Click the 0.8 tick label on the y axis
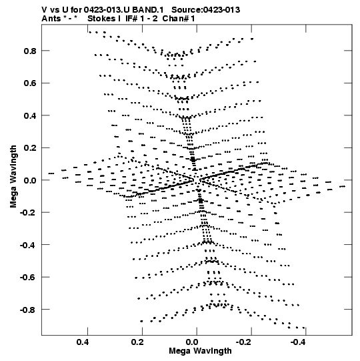pyautogui.click(x=30, y=51)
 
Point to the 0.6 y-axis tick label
pyautogui.click(x=30, y=83)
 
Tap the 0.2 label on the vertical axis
pyautogui.click(x=30, y=148)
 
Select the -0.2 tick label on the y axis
pyautogui.click(x=28, y=212)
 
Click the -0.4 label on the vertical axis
pyautogui.click(x=28, y=245)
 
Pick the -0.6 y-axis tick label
pyautogui.click(x=28, y=278)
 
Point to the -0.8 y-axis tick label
pyautogui.click(x=28, y=310)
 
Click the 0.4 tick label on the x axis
pyautogui.click(x=83, y=342)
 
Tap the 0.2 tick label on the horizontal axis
pyautogui.click(x=137, y=342)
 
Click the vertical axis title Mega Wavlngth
pyautogui.click(x=13, y=177)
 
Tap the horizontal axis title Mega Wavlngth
pyautogui.click(x=200, y=351)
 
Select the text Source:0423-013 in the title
pyautogui.click(x=206, y=10)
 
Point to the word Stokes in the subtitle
pyautogui.click(x=101, y=19)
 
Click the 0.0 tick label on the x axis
pyautogui.click(x=192, y=342)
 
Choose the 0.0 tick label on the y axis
pyautogui.click(x=30, y=180)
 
